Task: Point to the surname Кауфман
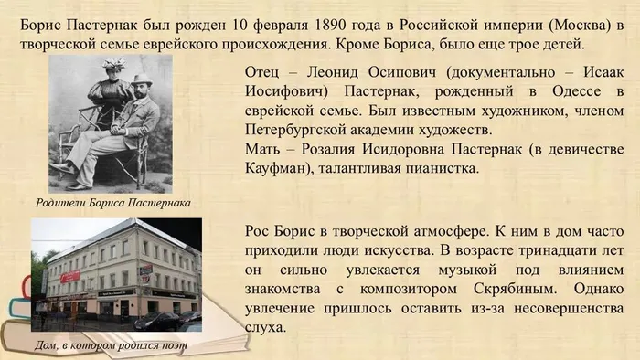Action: (x=277, y=168)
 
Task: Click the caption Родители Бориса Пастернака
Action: (x=113, y=202)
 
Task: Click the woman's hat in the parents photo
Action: (x=113, y=64)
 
